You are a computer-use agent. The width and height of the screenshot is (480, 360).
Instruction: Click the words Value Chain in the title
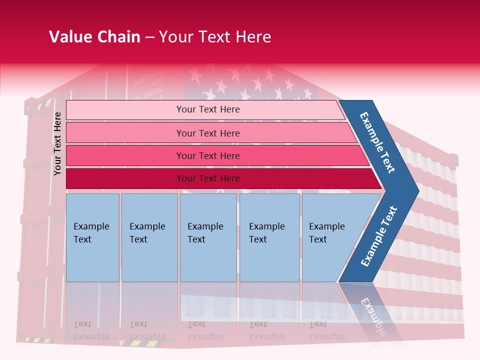pos(94,37)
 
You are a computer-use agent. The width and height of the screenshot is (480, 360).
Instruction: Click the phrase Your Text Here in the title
pos(214,37)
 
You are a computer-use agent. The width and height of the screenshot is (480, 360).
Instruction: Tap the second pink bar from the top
pos(208,133)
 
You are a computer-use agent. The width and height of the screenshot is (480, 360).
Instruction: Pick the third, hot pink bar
pos(208,155)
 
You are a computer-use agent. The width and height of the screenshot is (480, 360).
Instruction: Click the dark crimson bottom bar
pos(208,178)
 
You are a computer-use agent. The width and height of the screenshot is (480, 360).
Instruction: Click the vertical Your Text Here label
pos(57,143)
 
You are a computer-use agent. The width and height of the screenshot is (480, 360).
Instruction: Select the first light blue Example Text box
pos(92,237)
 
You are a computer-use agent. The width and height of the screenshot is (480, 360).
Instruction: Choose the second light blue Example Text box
pos(149,237)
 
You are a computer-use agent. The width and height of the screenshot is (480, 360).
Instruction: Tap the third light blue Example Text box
pos(208,237)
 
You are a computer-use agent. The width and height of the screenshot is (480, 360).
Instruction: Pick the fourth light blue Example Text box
pos(269,237)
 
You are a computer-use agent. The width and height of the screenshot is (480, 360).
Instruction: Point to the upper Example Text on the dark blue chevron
pos(377,142)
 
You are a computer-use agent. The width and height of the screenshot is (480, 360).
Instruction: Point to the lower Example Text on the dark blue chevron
pos(378,236)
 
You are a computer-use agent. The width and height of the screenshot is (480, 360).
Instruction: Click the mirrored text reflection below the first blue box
pos(91,330)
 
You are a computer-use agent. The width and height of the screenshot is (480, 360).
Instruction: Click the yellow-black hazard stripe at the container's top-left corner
pos(45,104)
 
